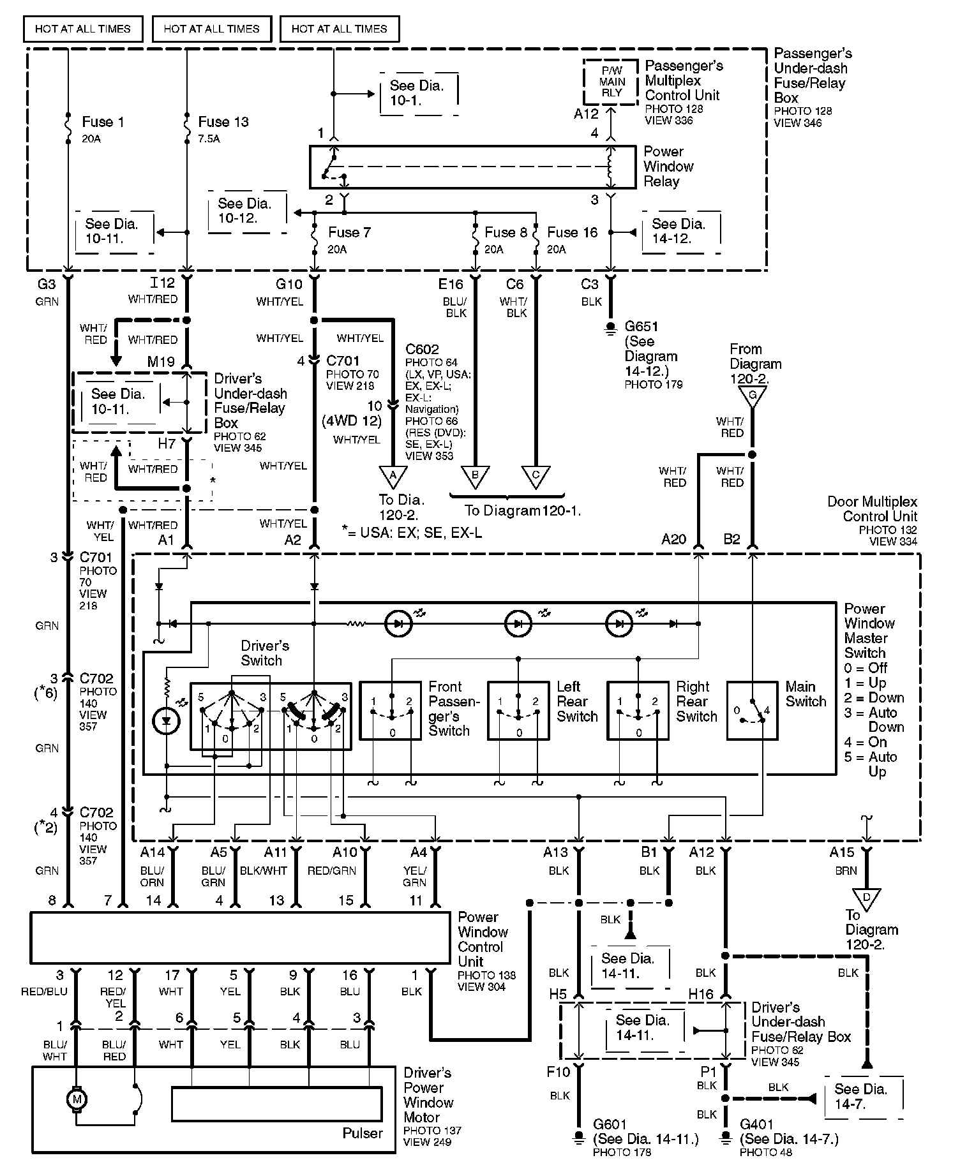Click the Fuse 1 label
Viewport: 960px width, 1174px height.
point(103,122)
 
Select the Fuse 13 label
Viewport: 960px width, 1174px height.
point(223,122)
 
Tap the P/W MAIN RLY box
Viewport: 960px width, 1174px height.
point(611,82)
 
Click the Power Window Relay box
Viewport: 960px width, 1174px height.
point(473,167)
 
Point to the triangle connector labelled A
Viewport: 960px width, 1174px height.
point(393,476)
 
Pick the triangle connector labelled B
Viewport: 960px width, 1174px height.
point(475,476)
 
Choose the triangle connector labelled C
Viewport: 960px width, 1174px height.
point(536,476)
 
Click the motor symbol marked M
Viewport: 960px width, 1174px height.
point(77,1099)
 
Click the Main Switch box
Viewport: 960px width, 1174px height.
point(752,710)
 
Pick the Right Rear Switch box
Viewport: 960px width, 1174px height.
point(638,710)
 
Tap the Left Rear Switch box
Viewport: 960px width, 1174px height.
point(518,710)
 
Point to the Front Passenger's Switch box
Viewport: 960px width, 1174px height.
point(391,710)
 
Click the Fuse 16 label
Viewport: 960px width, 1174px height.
point(572,232)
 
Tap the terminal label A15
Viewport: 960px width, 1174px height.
point(842,852)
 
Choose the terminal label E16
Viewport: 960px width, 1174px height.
point(451,285)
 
